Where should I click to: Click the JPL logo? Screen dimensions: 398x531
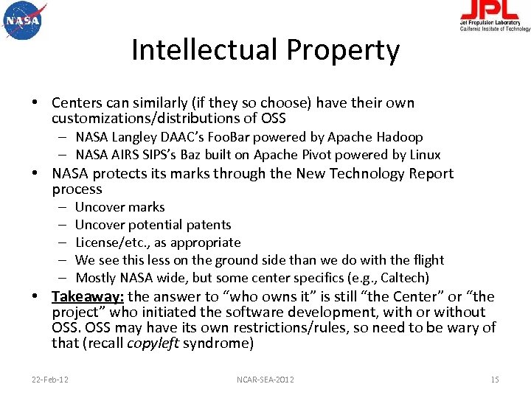(x=494, y=16)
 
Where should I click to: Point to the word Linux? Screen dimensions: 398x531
(x=424, y=155)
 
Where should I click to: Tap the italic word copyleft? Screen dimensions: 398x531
(x=154, y=343)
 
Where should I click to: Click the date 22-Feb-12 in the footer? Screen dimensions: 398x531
(x=51, y=380)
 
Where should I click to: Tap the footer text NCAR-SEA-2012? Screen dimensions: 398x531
(x=265, y=380)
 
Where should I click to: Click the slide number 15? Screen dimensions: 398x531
(x=494, y=380)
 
